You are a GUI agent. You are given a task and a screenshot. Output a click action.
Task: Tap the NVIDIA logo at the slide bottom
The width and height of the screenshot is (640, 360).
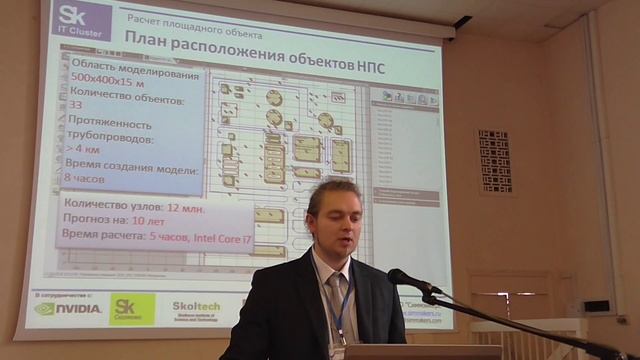pos(68,308)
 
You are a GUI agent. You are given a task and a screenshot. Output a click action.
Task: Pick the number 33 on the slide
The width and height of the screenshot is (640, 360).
pos(76,116)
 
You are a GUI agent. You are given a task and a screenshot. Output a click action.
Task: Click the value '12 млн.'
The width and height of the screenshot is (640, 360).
pos(191,206)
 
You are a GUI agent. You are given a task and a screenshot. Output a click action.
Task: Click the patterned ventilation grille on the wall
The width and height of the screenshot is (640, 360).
pos(494,159)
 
